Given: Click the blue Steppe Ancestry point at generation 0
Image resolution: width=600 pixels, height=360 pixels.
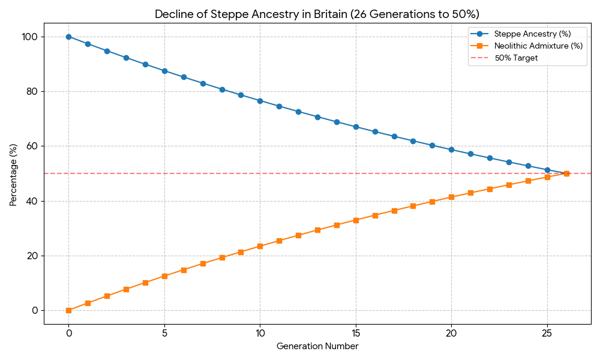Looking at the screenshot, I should pos(68,37).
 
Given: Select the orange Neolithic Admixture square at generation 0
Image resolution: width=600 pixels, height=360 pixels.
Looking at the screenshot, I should pos(68,310).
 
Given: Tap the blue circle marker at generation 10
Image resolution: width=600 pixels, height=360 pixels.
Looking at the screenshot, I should pos(260,101).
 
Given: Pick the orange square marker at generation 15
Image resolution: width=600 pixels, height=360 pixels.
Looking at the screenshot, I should pos(356,220).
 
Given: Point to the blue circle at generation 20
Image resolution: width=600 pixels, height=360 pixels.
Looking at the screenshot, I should pos(451,149).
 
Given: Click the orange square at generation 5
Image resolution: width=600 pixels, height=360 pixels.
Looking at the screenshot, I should pos(164,276).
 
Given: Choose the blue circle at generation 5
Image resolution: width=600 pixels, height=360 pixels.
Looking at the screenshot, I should pos(164,71).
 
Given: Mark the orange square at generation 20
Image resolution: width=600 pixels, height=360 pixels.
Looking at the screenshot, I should pos(451,197).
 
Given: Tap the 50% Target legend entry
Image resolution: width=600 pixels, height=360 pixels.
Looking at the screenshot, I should pos(516,58).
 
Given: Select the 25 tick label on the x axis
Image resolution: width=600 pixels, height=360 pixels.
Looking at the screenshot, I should pos(547,333).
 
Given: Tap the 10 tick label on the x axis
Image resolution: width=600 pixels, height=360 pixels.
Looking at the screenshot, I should pos(260,333).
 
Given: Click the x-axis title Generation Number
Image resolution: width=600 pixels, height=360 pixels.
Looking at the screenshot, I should pos(317,346).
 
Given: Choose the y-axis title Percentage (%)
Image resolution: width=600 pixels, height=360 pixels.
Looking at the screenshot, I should pos(14,175).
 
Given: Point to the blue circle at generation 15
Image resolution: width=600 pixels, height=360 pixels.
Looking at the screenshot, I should pos(356,127).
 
